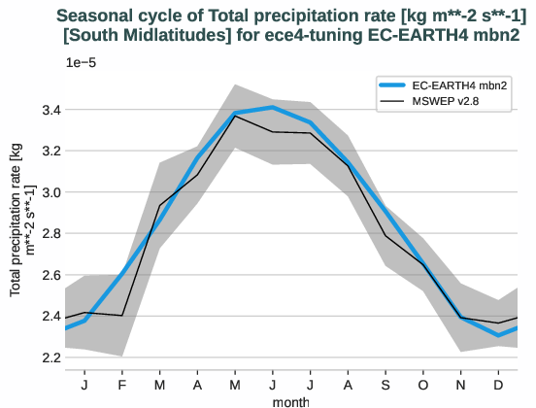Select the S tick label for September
point(386,384)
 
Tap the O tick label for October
point(423,384)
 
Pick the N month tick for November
point(461,384)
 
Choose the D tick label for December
point(499,384)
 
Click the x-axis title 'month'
point(291,400)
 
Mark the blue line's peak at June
point(274,107)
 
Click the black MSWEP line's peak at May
point(236,116)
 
